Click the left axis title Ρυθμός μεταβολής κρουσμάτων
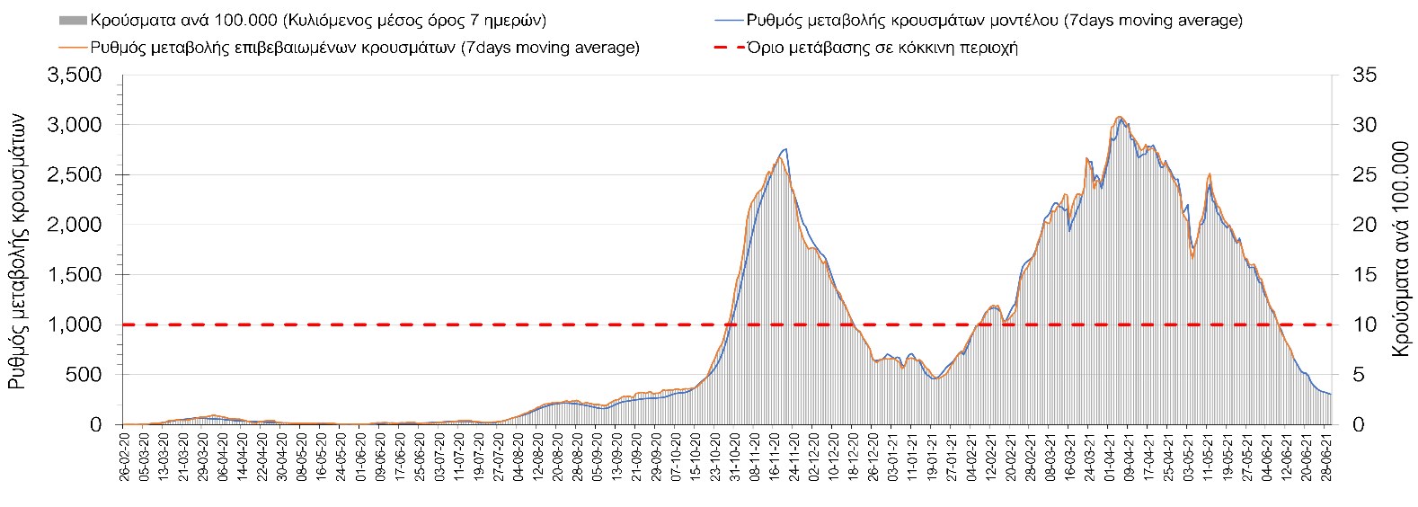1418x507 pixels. tap(19, 252)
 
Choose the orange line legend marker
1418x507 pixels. tap(73, 48)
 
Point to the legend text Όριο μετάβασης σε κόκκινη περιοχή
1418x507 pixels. tap(882, 48)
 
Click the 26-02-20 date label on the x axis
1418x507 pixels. tap(124, 458)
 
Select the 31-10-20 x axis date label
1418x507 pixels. tap(735, 458)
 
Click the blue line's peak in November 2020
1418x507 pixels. tap(786, 149)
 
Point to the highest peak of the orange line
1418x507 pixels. tap(1118, 116)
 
